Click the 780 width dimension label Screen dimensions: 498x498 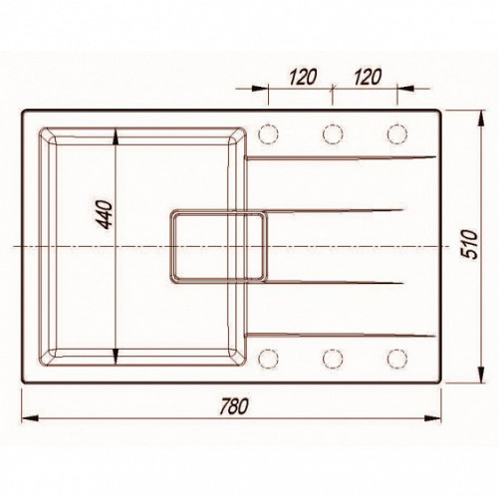coord(234,406)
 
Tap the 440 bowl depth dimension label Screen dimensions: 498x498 coord(106,214)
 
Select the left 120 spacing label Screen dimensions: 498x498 coord(303,77)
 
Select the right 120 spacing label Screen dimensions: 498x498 coord(367,77)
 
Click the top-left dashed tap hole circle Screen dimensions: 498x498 coord(268,134)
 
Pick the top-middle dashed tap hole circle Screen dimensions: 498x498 coord(333,134)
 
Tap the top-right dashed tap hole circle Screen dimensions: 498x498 coord(397,134)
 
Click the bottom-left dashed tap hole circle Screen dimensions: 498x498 coord(268,359)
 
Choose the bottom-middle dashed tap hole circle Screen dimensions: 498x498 coord(333,359)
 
